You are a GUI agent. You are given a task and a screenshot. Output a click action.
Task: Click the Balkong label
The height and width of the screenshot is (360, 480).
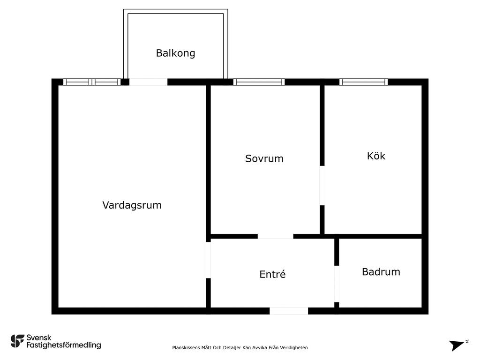(175, 53)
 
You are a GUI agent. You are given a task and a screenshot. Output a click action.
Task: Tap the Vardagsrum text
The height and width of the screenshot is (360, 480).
(132, 205)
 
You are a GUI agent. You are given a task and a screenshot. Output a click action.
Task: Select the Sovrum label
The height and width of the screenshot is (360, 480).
(264, 158)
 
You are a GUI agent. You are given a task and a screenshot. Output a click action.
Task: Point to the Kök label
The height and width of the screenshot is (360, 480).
(376, 156)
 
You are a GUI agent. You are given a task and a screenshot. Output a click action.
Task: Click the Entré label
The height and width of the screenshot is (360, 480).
(272, 274)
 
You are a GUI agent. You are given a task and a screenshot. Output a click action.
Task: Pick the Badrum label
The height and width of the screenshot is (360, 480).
(381, 272)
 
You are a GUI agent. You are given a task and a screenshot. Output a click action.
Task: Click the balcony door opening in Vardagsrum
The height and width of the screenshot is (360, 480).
(148, 82)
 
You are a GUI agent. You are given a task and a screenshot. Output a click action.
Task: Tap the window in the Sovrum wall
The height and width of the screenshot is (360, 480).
(259, 82)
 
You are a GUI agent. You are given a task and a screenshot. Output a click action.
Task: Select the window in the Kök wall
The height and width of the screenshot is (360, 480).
(363, 82)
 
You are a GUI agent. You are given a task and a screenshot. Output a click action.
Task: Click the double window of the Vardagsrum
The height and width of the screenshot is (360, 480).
(92, 82)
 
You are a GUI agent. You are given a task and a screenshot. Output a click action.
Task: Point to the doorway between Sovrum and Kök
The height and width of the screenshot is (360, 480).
(322, 186)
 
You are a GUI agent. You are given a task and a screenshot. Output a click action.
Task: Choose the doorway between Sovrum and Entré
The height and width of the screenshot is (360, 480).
(276, 236)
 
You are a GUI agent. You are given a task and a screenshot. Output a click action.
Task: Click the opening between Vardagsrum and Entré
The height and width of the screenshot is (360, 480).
(208, 260)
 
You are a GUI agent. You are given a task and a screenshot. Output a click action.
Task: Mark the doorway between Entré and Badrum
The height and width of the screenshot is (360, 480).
(337, 284)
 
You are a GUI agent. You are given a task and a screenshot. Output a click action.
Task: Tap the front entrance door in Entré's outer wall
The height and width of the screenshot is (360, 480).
(289, 311)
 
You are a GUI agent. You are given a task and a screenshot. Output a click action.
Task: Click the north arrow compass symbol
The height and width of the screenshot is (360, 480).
(458, 345)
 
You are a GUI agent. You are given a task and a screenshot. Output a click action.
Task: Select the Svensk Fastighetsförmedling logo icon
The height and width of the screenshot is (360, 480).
(17, 341)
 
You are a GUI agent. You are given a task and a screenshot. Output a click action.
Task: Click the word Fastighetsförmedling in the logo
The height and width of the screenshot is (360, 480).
(64, 345)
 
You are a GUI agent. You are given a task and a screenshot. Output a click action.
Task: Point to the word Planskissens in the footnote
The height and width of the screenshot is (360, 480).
(186, 348)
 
